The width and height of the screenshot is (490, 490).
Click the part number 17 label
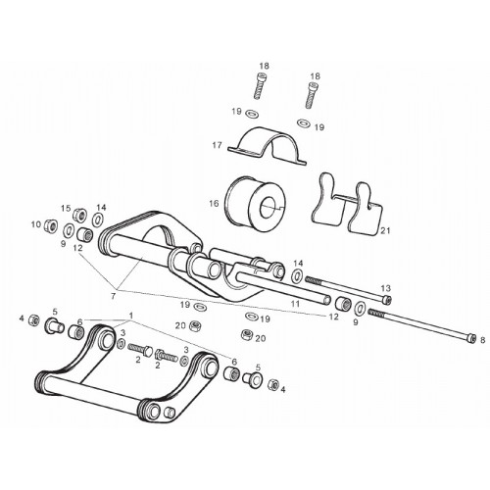coord(217,145)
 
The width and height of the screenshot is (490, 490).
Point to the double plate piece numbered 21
coord(347,204)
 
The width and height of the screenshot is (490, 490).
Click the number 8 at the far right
coord(483,341)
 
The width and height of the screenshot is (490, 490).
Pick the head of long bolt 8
coord(470,338)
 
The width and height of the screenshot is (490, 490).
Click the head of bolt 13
coord(387,299)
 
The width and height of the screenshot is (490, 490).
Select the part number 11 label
coord(295,304)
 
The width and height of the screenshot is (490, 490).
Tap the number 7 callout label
coord(113,296)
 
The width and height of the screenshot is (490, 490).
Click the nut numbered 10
coord(51,225)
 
